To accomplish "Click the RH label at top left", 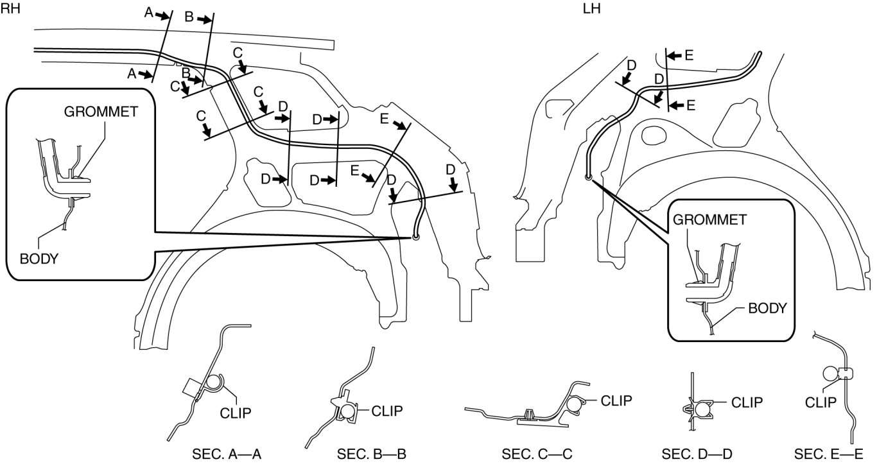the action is [10, 8].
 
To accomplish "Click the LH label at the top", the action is [591, 8].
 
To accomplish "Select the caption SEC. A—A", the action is [227, 454].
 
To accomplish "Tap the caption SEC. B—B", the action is [371, 454].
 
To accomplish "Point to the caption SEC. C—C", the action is [537, 454].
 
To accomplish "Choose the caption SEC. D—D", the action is [697, 454].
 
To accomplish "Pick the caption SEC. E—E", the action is [828, 454].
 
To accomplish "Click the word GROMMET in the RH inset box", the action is [101, 112].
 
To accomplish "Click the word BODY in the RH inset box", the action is [39, 259].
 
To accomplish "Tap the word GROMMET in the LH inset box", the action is [710, 219].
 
